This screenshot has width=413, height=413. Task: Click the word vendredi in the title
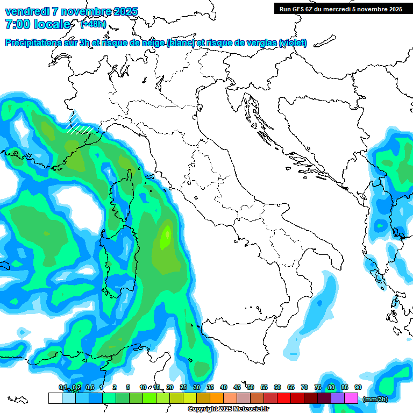coord(27,11)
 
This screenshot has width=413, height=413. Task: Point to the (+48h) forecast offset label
coord(92,24)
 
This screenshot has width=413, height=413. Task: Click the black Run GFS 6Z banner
coord(340,9)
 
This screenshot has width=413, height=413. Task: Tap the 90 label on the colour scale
coord(358,387)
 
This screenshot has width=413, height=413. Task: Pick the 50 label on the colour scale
coord(251,387)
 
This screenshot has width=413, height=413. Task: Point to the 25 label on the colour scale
coord(183,387)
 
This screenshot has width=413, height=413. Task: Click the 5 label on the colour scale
coord(128,387)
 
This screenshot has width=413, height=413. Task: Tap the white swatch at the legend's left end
coord(55,398)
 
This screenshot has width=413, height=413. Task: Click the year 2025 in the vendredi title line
coord(125,11)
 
